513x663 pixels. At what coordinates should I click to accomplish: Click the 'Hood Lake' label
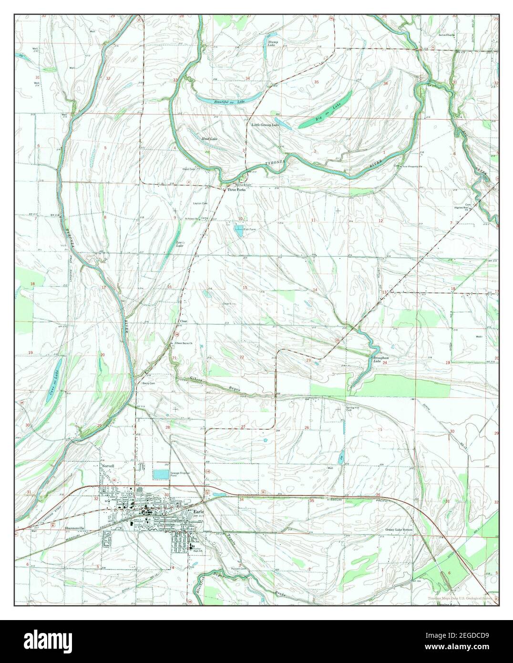click(209, 139)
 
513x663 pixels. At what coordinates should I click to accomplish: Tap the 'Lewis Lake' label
click(180, 244)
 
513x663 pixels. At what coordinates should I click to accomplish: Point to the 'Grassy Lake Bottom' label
click(399, 530)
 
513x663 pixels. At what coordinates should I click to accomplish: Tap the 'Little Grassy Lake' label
click(265, 125)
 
